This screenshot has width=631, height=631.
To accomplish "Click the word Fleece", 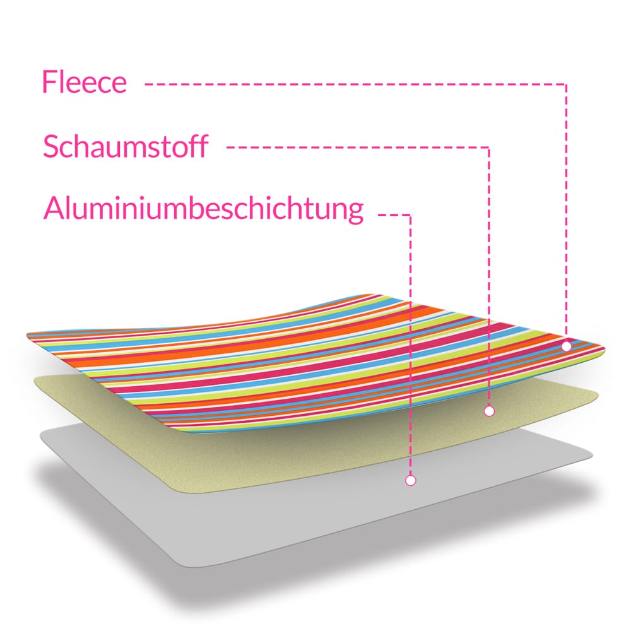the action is point(85,82).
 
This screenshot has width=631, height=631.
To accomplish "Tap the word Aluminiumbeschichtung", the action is point(204,209).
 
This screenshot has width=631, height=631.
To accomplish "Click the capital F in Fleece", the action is point(49,82).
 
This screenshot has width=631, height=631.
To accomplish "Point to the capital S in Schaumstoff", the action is point(50,146).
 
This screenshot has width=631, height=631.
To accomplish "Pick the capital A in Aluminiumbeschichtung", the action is point(54,208).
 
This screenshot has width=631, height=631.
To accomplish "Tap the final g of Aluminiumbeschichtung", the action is point(355,212).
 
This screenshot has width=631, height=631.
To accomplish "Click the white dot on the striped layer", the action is point(566,346).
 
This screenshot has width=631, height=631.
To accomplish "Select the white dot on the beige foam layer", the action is point(489,411).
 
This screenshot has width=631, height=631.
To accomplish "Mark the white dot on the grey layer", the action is point(411,480).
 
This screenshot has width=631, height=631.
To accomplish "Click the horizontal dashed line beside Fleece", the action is point(356,85).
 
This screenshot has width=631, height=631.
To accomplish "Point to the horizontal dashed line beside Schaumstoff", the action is point(358,148).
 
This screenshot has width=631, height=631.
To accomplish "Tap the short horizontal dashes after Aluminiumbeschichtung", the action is point(394,215).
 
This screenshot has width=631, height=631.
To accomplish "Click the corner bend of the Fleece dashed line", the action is point(566,85).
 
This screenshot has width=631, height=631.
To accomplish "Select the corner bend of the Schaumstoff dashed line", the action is point(489,148).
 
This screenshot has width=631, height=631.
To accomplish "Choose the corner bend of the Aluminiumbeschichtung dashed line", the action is point(411,215).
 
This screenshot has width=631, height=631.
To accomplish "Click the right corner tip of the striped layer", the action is point(604,350).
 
